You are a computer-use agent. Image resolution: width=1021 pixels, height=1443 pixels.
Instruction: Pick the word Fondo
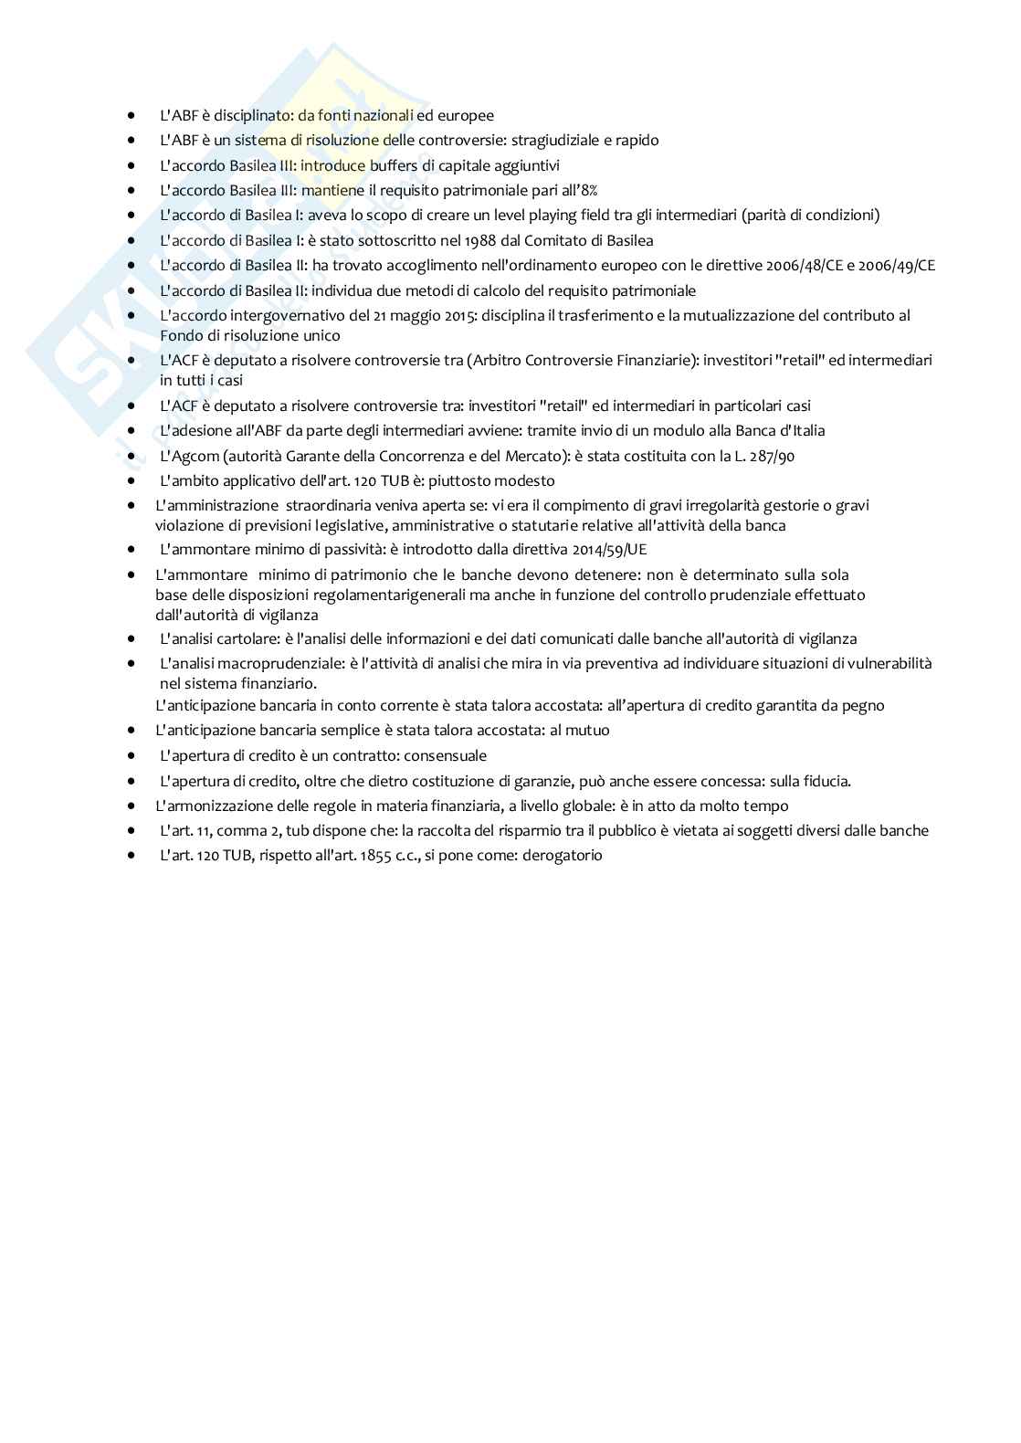[180, 335]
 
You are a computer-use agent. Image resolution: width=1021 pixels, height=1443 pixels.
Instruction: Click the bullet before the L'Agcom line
[133, 456]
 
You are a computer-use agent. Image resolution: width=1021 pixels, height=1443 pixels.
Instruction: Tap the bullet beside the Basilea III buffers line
[133, 165]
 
